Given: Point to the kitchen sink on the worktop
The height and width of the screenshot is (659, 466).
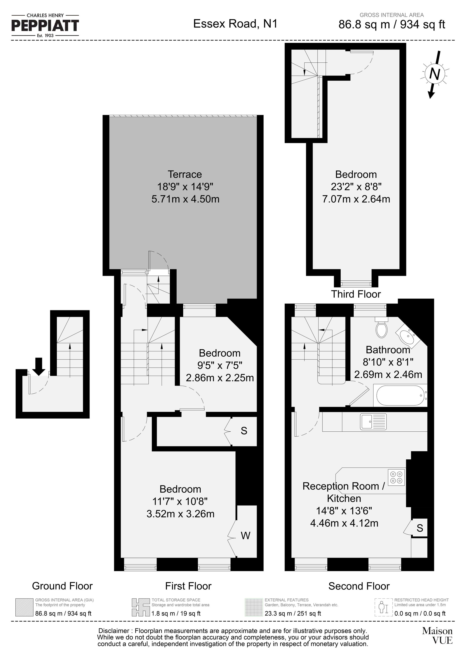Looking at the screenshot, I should click(x=373, y=421).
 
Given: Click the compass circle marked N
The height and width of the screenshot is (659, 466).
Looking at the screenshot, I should click(x=434, y=74).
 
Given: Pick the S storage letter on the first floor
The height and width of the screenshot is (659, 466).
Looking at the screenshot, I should click(x=244, y=430).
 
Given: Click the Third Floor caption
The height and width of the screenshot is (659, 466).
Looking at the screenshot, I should click(x=356, y=294).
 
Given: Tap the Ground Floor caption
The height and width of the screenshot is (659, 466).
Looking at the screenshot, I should click(x=62, y=586).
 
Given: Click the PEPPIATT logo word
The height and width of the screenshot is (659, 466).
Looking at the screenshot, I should click(x=45, y=26).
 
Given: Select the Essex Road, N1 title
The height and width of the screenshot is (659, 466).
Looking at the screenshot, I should click(x=235, y=24).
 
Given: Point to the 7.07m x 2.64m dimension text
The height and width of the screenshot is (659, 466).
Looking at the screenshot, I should click(x=356, y=199).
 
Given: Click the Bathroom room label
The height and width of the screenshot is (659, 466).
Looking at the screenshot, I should click(x=388, y=350).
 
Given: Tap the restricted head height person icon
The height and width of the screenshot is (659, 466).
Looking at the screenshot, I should click(x=383, y=607).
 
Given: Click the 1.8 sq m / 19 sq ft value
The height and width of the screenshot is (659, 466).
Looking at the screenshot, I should click(x=176, y=613).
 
